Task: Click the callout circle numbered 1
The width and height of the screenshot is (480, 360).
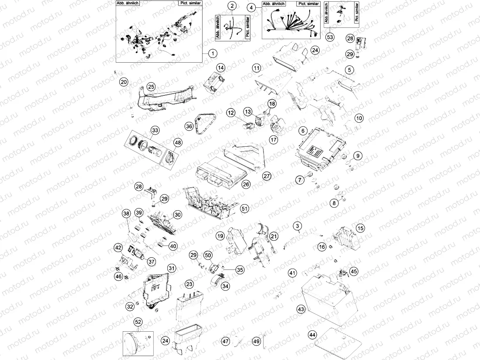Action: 212,54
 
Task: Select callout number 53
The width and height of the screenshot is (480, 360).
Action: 330,37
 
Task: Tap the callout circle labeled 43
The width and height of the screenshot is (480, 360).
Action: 301,309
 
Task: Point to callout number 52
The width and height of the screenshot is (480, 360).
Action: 138,322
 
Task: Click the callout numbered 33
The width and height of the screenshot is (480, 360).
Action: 155,130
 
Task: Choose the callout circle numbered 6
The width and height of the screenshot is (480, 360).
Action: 301,130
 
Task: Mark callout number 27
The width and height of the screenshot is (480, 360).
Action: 267,176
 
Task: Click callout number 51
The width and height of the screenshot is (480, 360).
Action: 245,209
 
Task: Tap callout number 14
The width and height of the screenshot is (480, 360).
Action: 221,67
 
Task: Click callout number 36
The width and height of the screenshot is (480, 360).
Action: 189,126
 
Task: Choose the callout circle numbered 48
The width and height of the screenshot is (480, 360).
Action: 178,142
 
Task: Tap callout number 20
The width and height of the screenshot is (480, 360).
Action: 124,81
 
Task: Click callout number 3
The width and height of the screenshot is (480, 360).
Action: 297,225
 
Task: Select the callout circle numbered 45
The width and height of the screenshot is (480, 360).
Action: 354,271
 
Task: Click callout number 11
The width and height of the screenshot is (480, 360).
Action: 257,68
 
